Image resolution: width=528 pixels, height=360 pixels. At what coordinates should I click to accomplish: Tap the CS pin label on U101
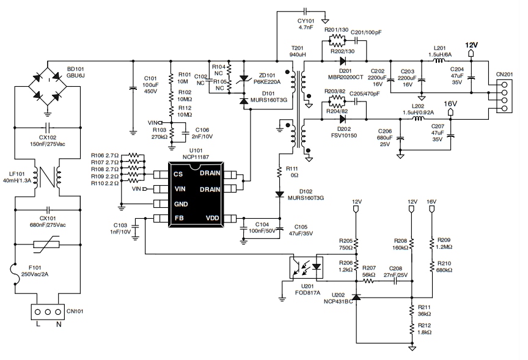coord(178,174)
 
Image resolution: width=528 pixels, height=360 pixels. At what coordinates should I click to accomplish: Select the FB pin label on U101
coord(178,218)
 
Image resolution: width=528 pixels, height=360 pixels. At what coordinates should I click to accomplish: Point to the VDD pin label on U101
coord(212,218)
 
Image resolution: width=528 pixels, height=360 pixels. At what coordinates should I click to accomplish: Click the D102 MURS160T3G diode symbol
coord(280,194)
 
